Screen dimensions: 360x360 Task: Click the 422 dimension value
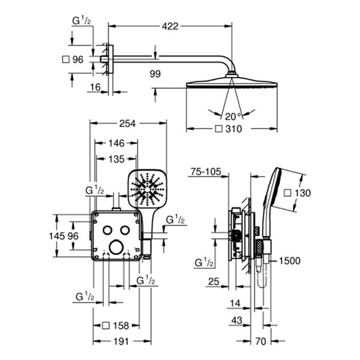(170, 26)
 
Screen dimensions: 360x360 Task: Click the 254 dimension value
(127, 123)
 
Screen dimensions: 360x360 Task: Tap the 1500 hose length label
(289, 260)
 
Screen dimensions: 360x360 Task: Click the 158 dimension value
(119, 326)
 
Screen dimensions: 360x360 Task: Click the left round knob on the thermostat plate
(106, 231)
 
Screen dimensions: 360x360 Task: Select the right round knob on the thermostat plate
(125, 231)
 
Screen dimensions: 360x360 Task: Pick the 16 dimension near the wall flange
(95, 88)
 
